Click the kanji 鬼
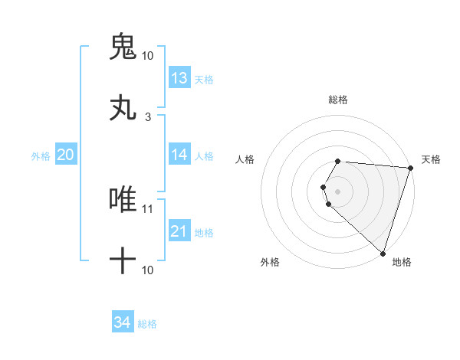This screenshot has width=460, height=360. pos(123,47)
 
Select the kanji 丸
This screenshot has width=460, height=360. pos(123,108)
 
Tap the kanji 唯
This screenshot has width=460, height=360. pos(123,199)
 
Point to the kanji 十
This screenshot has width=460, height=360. pos(123,261)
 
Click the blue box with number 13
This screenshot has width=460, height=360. pos(179,78)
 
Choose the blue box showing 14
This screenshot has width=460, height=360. pos(179,155)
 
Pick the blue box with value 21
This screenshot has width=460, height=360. pos(179,231)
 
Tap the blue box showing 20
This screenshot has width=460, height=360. pos(66,155)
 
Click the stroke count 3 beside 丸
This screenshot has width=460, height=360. pos(147,116)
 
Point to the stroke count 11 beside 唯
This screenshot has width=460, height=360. pos(147,208)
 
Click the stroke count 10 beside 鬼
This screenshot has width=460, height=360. pos(147,56)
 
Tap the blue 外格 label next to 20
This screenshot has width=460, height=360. pos(41,155)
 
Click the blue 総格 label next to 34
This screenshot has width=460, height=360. pos(147,324)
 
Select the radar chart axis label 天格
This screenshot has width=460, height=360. pos(432,159)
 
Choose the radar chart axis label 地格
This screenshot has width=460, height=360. pos(402,262)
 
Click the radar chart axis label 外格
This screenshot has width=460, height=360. pos(270,262)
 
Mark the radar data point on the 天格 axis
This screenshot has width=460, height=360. pos(410,167)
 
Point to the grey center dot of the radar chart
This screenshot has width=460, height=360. pos(338,191)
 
